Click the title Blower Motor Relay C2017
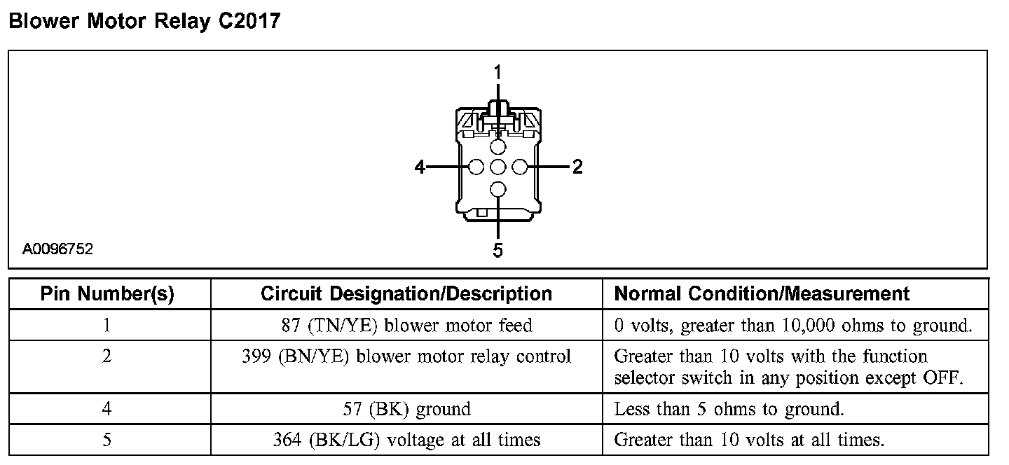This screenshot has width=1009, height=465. [144, 22]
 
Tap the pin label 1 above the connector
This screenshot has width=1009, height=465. [497, 72]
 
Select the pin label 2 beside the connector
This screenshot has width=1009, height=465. [577, 167]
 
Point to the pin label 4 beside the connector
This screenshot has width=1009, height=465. [420, 167]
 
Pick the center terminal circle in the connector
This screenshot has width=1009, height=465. [497, 167]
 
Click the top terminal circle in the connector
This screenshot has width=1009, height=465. [497, 146]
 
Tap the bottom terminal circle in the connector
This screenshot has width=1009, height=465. [497, 188]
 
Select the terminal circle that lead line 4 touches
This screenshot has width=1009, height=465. [476, 167]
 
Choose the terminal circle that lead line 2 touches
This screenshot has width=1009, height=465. [519, 167]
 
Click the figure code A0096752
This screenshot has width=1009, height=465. [57, 249]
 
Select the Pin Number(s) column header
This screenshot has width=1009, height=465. [107, 293]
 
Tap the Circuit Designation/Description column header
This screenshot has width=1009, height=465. [406, 293]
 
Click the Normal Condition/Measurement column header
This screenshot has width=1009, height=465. [762, 293]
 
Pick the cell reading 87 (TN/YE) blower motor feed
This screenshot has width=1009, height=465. [406, 326]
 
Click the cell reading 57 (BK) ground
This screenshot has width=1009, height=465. [406, 409]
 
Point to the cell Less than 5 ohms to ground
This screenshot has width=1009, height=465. [729, 409]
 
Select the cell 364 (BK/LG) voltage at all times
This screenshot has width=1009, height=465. [406, 440]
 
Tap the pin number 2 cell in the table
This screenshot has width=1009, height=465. [107, 357]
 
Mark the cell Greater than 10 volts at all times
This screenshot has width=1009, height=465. [749, 440]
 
